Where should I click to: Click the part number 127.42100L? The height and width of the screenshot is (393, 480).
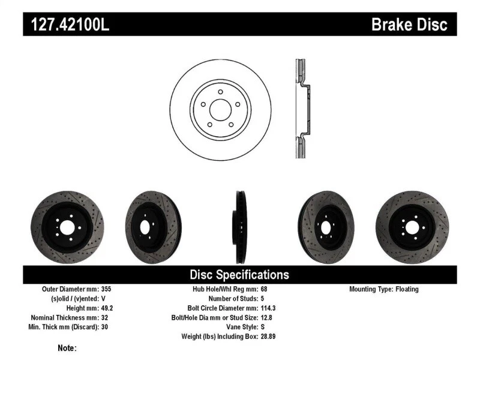click(67, 25)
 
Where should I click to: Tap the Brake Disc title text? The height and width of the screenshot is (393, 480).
click(409, 25)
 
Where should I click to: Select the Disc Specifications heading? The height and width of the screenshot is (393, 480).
click(239, 275)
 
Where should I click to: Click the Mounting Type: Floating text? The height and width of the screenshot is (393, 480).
click(384, 289)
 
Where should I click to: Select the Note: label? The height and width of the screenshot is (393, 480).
click(67, 348)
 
